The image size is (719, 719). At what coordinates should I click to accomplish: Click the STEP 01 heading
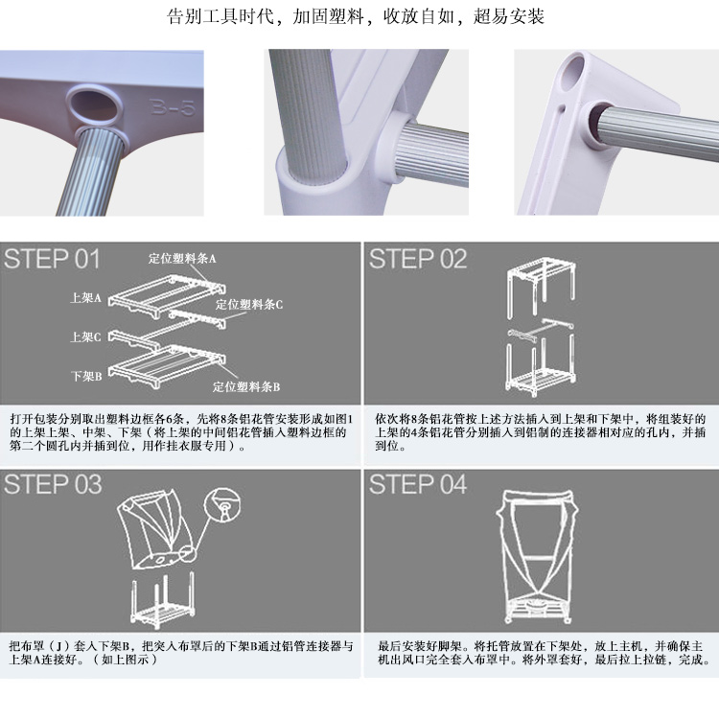point(52,259)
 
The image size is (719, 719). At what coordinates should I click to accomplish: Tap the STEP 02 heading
point(418,259)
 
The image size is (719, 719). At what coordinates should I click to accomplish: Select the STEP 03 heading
point(53,484)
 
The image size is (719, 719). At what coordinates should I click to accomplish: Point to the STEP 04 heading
point(418,484)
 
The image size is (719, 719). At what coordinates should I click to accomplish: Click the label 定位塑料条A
point(182,259)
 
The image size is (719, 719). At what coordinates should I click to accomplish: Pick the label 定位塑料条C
point(249,304)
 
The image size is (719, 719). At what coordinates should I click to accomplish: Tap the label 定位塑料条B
point(246,386)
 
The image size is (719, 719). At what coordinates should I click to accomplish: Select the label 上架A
point(85,298)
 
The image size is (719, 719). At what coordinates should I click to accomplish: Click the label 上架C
point(85,337)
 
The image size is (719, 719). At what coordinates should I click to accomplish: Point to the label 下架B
point(85,376)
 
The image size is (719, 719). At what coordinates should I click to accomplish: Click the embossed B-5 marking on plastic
point(173,107)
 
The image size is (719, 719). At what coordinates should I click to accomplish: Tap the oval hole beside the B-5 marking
point(95,105)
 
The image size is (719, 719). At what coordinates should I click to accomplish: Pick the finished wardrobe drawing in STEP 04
point(537,556)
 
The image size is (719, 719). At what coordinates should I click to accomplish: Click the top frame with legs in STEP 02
point(541,287)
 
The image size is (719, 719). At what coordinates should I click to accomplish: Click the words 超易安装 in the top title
point(508,16)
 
